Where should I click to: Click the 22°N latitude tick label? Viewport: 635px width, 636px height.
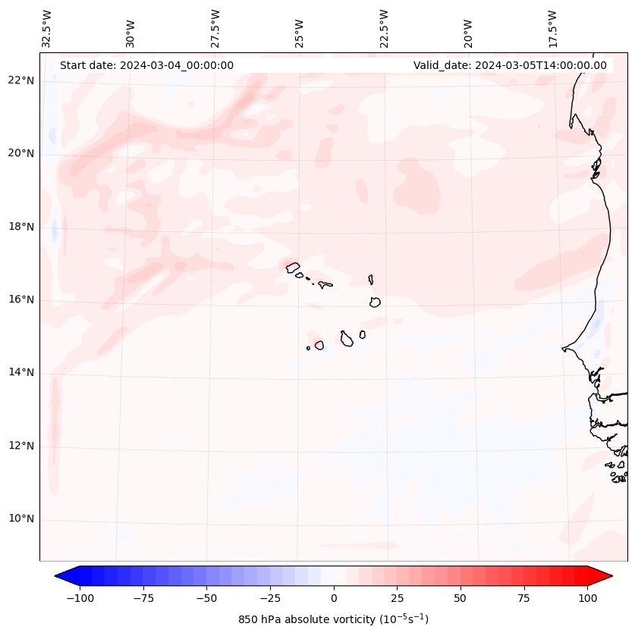click(21, 80)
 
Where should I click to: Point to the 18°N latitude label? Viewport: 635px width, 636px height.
click(21, 227)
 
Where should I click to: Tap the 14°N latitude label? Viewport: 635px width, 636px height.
click(21, 372)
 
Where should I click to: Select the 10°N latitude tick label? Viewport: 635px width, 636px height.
click(21, 519)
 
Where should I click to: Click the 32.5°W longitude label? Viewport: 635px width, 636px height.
click(47, 29)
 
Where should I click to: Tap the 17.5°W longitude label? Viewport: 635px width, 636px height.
click(552, 29)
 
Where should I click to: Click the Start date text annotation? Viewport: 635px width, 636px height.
click(146, 65)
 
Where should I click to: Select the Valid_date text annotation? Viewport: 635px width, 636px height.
click(510, 65)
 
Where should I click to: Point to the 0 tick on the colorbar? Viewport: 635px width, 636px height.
click(333, 598)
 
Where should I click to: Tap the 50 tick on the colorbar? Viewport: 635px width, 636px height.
click(460, 598)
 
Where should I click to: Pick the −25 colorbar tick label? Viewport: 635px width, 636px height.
click(269, 598)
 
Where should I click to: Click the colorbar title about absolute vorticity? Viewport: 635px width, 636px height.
click(333, 619)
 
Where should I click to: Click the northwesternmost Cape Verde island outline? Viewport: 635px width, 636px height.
click(293, 267)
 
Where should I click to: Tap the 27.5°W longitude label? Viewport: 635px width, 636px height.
click(215, 29)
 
